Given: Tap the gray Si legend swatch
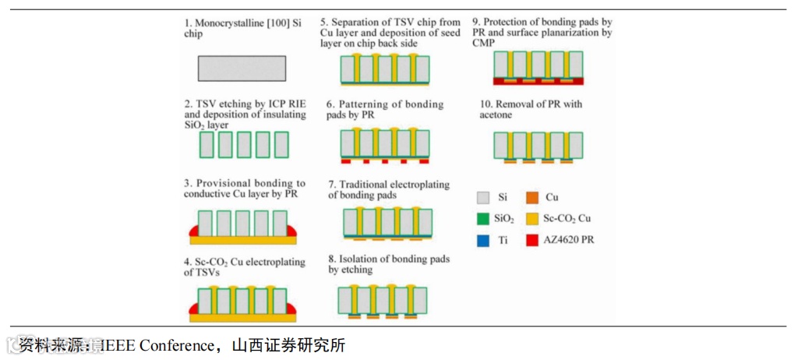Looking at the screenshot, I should click(x=483, y=199).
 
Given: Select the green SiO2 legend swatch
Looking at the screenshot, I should click(x=483, y=220).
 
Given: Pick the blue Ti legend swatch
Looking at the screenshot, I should click(x=483, y=241).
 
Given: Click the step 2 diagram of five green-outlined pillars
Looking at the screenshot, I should click(x=243, y=144).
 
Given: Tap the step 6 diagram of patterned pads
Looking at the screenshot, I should click(x=385, y=146).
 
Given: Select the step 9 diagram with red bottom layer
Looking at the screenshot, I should click(x=538, y=68).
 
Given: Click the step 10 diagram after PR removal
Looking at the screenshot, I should click(x=538, y=146).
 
